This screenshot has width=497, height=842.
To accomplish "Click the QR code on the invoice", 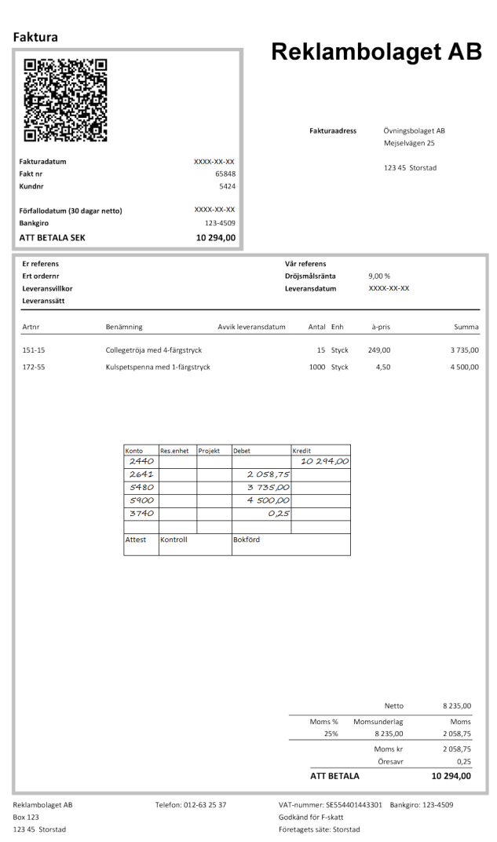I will pyautogui.click(x=67, y=100).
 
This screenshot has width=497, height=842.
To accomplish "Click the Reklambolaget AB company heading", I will pyautogui.click(x=376, y=52).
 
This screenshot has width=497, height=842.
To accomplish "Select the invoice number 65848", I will pyautogui.click(x=225, y=174).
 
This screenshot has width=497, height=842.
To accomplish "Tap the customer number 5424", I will pyautogui.click(x=227, y=186).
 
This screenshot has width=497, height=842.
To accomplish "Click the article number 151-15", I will pyautogui.click(x=33, y=350).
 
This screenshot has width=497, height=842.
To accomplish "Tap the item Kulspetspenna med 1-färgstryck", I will pyautogui.click(x=157, y=367).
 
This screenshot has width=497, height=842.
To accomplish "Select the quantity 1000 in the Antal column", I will pyautogui.click(x=317, y=367).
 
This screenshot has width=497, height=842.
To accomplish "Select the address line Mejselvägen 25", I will pyautogui.click(x=409, y=143).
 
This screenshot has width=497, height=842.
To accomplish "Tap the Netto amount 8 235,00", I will pyautogui.click(x=455, y=706).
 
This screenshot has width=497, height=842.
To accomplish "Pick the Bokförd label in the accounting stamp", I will pyautogui.click(x=247, y=540).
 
